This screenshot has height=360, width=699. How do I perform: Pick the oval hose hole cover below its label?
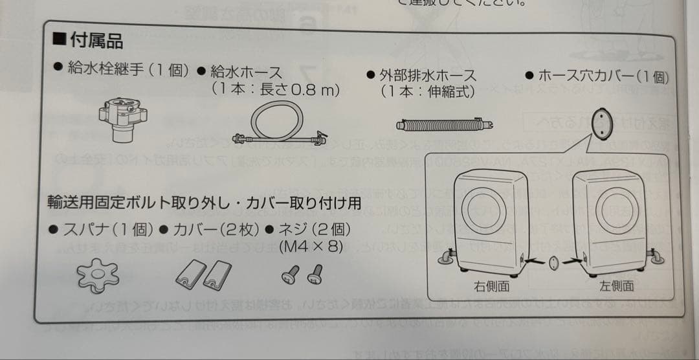(x=603, y=120)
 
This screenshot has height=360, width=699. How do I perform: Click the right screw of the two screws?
(x=316, y=276)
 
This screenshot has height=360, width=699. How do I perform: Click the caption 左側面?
(x=616, y=286)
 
